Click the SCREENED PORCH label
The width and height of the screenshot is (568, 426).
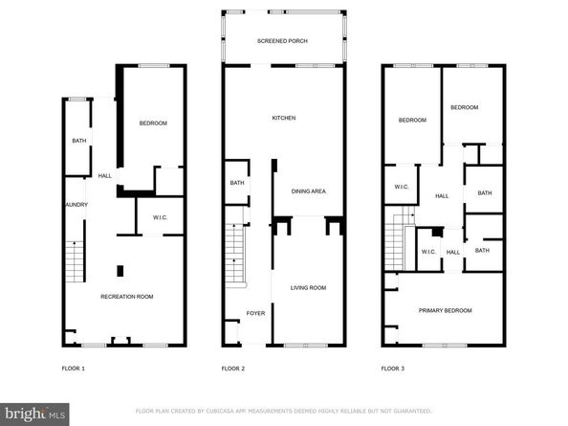pyautogui.click(x=282, y=41)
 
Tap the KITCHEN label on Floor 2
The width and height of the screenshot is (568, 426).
pyautogui.click(x=284, y=118)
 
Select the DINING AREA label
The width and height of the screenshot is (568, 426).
pyautogui.click(x=308, y=191)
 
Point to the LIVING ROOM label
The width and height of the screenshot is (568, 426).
pyautogui.click(x=308, y=288)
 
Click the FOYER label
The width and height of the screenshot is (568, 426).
pyautogui.click(x=255, y=313)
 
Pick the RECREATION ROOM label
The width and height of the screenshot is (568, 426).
pyautogui.click(x=127, y=297)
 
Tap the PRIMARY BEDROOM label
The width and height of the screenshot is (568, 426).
pyautogui.click(x=446, y=310)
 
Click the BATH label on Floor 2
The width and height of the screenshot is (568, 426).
pyautogui.click(x=237, y=183)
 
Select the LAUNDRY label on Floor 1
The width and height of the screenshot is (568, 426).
pyautogui.click(x=76, y=205)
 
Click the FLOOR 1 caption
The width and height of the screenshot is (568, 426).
pyautogui.click(x=74, y=369)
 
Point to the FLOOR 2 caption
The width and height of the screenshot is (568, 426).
pyautogui.click(x=233, y=369)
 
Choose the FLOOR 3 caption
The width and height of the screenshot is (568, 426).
pyautogui.click(x=393, y=369)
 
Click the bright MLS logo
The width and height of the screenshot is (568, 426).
pyautogui.click(x=34, y=415)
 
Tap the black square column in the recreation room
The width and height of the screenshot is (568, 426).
pyautogui.click(x=120, y=271)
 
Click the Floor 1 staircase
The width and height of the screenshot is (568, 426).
pyautogui.click(x=75, y=261)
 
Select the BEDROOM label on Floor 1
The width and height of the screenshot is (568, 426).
pyautogui.click(x=153, y=123)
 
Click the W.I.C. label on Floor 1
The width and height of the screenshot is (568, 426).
pyautogui.click(x=160, y=217)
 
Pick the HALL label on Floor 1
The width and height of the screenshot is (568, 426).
pyautogui.click(x=104, y=176)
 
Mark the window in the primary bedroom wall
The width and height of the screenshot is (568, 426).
pyautogui.click(x=445, y=346)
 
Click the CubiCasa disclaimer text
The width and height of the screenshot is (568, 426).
pyautogui.click(x=284, y=411)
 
